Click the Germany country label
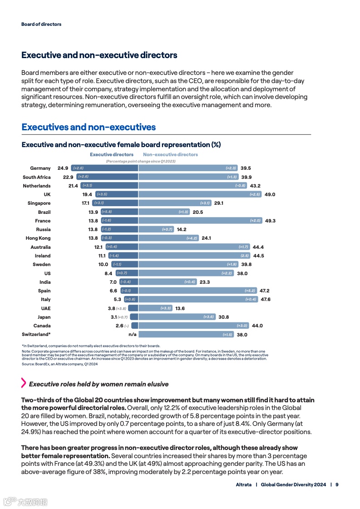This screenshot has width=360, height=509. (40, 168)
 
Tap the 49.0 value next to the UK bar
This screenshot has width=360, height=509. (270, 194)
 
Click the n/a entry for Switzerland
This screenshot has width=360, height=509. (133, 335)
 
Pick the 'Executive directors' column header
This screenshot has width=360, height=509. (112, 154)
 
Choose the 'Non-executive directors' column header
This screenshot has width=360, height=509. (170, 154)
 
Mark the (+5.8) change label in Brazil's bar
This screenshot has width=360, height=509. (107, 212)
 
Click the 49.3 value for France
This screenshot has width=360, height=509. (270, 221)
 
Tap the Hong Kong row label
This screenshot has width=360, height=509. (38, 238)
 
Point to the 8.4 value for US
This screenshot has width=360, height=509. (108, 273)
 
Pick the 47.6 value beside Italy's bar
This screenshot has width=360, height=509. (266, 300)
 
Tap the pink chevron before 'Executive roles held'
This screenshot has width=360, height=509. (24, 383)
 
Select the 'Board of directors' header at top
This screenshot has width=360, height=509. (41, 24)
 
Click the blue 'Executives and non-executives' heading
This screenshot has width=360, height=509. (89, 127)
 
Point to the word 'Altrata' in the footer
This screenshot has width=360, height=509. (244, 484)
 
